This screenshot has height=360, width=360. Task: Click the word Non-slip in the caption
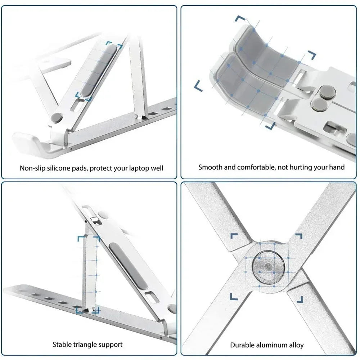pos(32,168)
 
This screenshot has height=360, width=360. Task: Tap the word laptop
pos(140,168)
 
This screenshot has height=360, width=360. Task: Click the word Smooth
pos(210,167)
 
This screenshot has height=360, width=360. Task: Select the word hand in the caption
pos(337,167)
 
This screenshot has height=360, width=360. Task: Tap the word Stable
pos(63,345)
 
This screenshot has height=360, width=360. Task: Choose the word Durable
pos(242,345)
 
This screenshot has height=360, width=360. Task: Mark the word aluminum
pos(274,345)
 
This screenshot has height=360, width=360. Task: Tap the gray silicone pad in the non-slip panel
pos(98,70)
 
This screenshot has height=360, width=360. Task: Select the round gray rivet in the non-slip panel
pos(56,118)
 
